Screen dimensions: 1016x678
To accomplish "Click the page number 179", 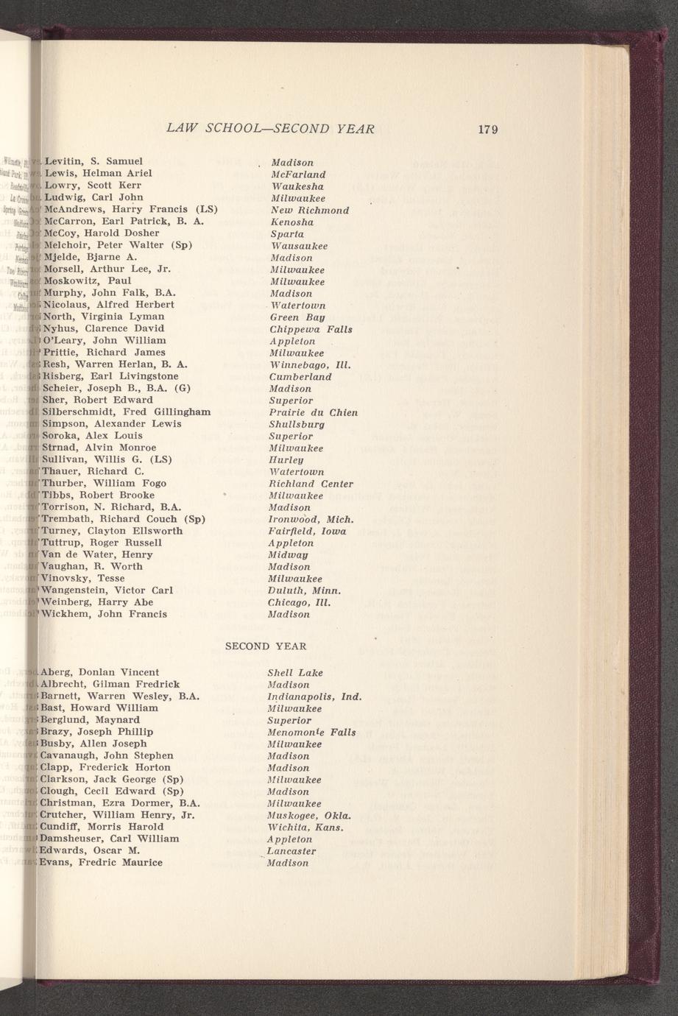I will (488, 130).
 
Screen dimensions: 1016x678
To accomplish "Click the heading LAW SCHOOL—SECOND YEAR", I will (270, 129).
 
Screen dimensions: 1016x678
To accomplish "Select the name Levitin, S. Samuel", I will (93, 160).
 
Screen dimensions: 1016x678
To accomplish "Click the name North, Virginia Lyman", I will (104, 317).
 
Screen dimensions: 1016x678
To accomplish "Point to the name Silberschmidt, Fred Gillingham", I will (127, 412).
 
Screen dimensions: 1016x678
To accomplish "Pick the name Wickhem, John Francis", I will (105, 614).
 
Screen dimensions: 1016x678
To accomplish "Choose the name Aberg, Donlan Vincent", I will (100, 672).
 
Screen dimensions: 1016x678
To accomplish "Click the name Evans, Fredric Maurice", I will (101, 862).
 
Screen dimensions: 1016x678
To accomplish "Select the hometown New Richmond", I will (309, 211).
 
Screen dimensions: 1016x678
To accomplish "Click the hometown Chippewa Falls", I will (311, 329).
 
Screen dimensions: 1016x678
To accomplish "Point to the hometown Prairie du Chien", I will (314, 412).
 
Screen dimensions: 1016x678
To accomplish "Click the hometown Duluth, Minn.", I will (305, 590).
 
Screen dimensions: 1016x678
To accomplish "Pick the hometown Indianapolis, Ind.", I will (314, 696).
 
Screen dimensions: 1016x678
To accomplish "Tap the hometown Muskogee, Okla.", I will (309, 816).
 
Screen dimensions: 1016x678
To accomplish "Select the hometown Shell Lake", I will (295, 673).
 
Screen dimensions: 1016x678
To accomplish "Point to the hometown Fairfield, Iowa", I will (308, 531).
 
